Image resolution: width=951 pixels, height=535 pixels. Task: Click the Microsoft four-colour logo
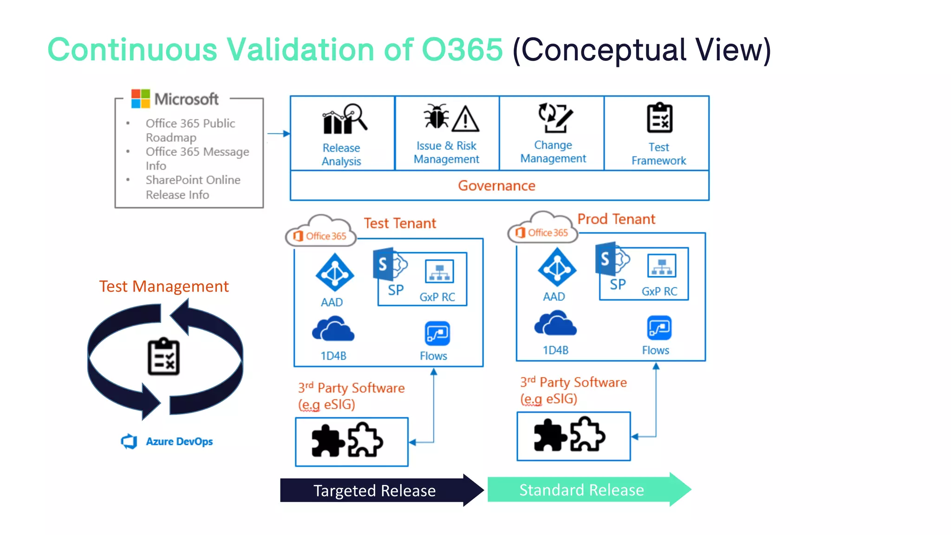[x=140, y=98]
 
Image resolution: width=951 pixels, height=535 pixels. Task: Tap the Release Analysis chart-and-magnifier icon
[x=345, y=119]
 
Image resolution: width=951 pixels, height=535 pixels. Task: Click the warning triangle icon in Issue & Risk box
[x=465, y=119]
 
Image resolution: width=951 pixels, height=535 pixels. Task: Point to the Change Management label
[x=553, y=152]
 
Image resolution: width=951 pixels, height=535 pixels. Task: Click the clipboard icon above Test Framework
[x=659, y=118]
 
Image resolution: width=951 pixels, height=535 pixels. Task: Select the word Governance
[x=496, y=186]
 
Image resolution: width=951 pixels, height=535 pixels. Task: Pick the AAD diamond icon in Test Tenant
[x=334, y=274]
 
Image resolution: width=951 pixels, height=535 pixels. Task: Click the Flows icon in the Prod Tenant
[x=659, y=328]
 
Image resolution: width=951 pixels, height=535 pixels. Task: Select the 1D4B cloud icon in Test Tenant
[x=333, y=329]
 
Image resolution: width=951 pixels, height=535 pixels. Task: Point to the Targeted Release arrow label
[x=374, y=491]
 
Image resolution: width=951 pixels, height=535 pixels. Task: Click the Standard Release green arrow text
[x=581, y=490]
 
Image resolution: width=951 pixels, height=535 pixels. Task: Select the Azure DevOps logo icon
[x=129, y=441]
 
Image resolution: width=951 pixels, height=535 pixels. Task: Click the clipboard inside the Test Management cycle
[x=163, y=357]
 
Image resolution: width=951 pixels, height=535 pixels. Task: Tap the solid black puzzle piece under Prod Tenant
[x=549, y=435]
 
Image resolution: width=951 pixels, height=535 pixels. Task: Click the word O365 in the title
[x=462, y=49]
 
